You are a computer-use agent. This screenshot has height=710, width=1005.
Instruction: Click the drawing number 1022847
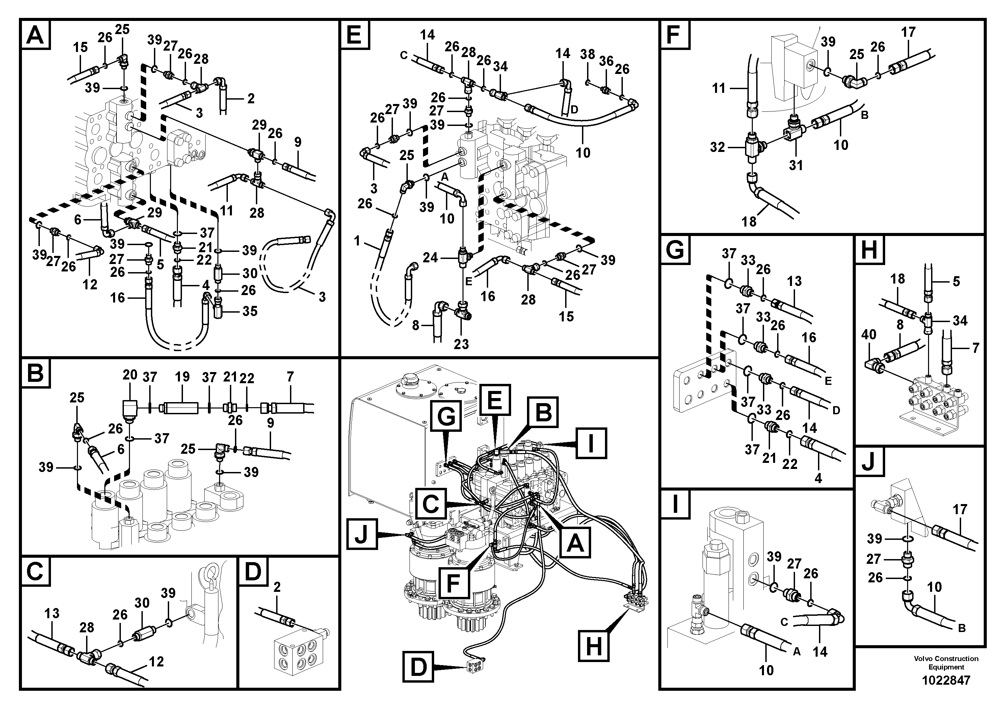(x=946, y=680)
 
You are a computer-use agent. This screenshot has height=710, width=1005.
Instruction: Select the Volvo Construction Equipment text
(x=946, y=663)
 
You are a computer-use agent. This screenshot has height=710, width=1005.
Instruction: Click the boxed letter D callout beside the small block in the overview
(x=419, y=667)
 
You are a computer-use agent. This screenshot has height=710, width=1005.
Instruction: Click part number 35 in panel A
(x=250, y=311)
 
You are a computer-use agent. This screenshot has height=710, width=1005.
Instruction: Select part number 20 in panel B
(x=130, y=375)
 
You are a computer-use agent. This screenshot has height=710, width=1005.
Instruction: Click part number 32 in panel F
(x=717, y=147)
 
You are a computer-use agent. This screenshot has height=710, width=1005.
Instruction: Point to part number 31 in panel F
(x=796, y=165)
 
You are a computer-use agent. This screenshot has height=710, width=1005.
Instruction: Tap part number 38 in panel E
(x=587, y=54)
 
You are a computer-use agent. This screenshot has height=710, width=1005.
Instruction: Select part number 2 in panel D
(x=276, y=586)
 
